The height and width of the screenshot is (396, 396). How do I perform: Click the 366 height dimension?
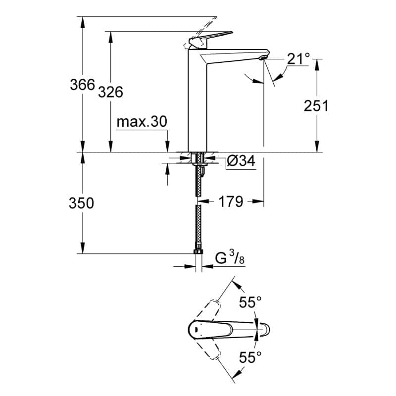(82, 85)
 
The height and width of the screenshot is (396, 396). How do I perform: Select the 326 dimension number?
(110, 92)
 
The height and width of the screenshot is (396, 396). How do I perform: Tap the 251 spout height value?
(316, 105)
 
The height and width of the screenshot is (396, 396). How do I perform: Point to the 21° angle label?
(298, 59)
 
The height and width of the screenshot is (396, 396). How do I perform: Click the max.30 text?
(142, 122)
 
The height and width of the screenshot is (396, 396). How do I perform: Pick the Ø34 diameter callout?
(241, 161)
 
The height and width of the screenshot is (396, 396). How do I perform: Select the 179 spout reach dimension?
(231, 201)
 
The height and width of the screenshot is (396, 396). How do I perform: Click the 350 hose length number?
(81, 203)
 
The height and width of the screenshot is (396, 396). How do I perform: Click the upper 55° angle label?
(250, 302)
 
